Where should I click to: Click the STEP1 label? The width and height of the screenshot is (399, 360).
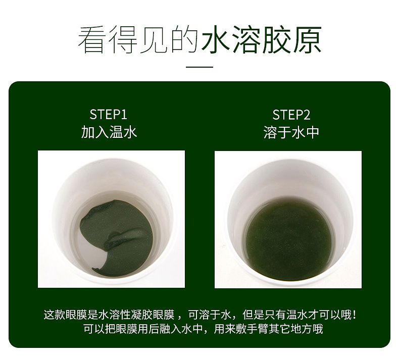[x=108, y=114]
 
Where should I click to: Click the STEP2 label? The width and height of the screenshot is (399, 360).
[x=291, y=114]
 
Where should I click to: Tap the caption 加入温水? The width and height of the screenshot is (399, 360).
[x=109, y=132]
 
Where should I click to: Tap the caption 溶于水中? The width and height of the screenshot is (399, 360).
[x=291, y=132]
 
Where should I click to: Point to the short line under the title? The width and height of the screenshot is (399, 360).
[x=199, y=67]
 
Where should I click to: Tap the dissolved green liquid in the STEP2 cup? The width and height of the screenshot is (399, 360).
[x=288, y=235]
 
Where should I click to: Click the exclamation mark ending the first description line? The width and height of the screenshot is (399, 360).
[x=355, y=315]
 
